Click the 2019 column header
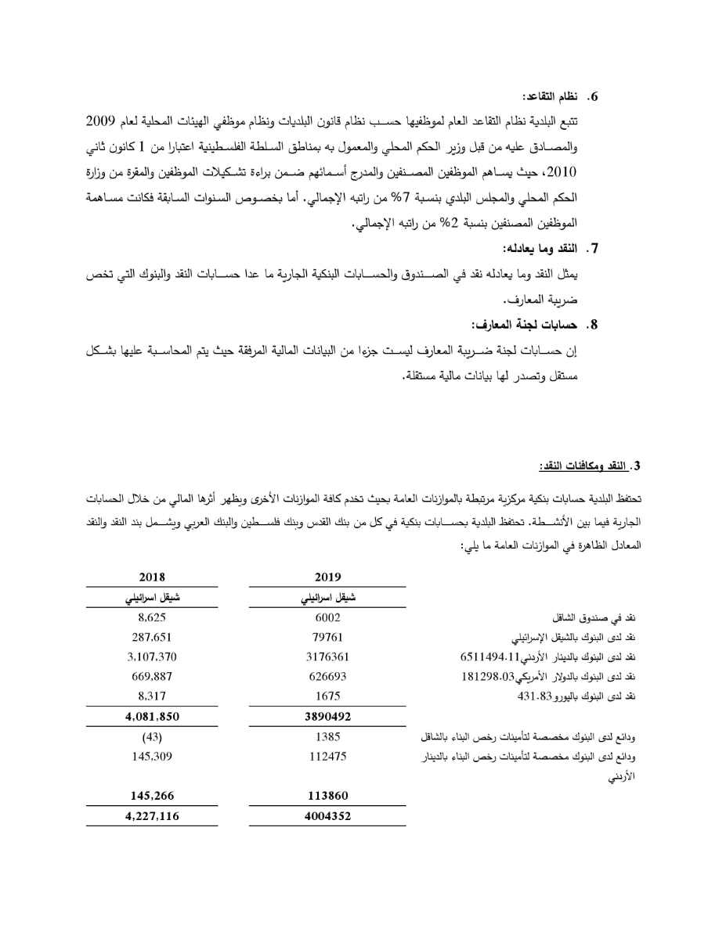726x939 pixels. coord(327,577)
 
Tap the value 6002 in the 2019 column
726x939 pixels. coord(327,617)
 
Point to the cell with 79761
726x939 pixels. coord(327,636)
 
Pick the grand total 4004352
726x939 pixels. coord(327,816)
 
